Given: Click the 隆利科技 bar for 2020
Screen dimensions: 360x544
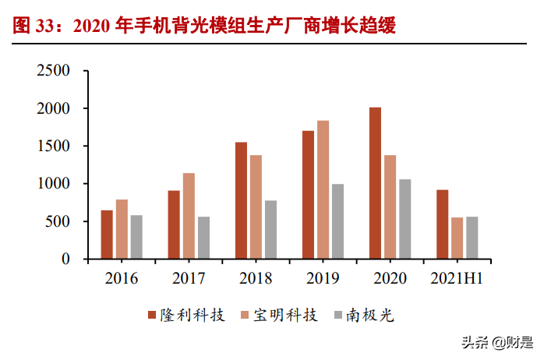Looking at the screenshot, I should (x=375, y=183).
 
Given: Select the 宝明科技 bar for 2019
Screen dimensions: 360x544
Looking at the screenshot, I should (x=323, y=189).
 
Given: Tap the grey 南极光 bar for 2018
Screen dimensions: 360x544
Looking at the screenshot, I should (x=270, y=229).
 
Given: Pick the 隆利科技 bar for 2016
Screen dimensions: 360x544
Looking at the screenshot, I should (x=107, y=235).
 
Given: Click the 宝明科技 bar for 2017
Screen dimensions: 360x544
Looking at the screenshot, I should (x=189, y=216).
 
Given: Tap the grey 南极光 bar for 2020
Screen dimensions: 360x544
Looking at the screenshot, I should (x=405, y=219).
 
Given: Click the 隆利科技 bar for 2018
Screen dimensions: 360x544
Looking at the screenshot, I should (x=241, y=200).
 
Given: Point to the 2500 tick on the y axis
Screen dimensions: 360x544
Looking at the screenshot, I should (x=54, y=71).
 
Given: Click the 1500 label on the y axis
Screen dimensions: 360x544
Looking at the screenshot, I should (x=54, y=146).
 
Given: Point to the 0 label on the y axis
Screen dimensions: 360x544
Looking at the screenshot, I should (x=66, y=259).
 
